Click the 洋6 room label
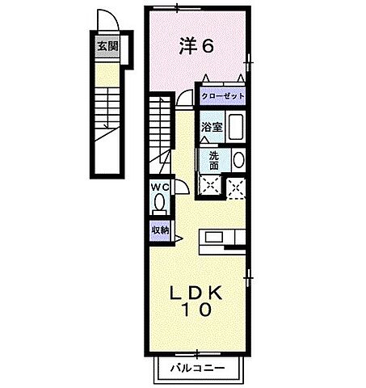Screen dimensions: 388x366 click(x=196, y=47)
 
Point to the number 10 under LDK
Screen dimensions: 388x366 click(x=196, y=310)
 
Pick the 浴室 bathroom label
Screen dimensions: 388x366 click(x=212, y=127)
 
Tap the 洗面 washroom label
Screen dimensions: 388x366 click(x=212, y=160)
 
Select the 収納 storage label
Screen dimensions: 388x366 click(x=159, y=230)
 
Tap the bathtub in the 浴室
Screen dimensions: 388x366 click(x=236, y=126)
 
